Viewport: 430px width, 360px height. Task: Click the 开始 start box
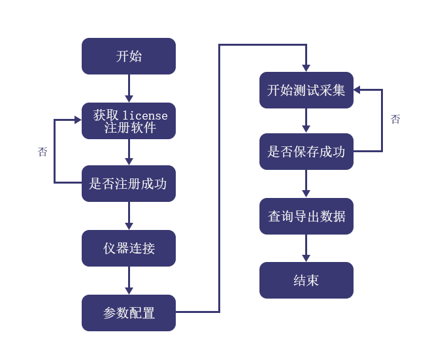click(x=129, y=56)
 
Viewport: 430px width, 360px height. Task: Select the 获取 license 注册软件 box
click(x=129, y=121)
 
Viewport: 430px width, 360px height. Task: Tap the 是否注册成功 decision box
click(x=129, y=184)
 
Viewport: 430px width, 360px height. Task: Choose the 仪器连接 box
click(x=129, y=248)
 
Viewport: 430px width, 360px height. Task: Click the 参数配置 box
click(x=129, y=313)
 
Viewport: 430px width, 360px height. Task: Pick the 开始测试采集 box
click(x=306, y=90)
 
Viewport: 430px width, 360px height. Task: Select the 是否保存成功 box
click(x=306, y=152)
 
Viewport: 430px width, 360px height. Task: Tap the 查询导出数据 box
click(x=306, y=216)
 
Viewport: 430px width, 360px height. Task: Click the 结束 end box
click(x=306, y=280)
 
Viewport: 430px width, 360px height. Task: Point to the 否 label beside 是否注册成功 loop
click(x=42, y=152)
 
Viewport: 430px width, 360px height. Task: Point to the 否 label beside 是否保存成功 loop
click(x=395, y=119)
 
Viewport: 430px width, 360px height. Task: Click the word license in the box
click(x=145, y=116)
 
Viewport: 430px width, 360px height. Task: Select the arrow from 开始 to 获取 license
click(x=129, y=88)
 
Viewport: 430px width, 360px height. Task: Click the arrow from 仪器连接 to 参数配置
click(x=129, y=280)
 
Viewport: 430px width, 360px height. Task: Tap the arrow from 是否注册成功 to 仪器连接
click(x=129, y=216)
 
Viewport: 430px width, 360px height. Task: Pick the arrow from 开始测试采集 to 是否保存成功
click(x=306, y=121)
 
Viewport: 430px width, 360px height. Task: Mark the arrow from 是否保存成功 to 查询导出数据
click(x=306, y=184)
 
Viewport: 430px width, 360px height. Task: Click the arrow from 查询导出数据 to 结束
click(x=306, y=248)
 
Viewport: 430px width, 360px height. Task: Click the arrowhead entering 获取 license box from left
click(x=78, y=120)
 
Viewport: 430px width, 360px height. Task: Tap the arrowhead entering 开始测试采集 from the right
click(x=357, y=90)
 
